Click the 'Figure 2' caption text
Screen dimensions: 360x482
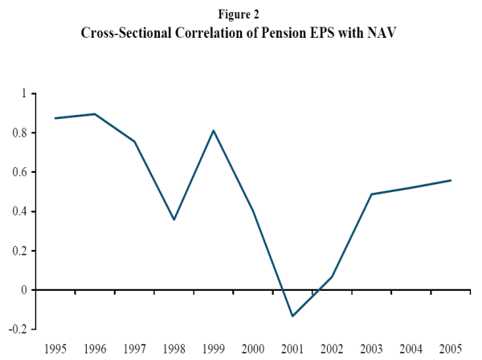240,14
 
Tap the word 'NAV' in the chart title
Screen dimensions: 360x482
383,34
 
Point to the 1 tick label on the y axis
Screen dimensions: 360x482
24,94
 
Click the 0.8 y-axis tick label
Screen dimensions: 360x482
20,133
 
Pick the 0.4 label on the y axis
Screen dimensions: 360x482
20,212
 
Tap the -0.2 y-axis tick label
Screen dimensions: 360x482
18,329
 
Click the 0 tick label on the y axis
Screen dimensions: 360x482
24,290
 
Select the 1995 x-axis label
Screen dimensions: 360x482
55,348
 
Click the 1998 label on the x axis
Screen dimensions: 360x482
174,348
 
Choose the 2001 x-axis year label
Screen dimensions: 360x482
292,348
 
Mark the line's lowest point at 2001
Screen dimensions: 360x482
292,316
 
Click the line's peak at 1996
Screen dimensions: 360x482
95,114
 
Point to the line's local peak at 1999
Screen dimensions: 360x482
213,130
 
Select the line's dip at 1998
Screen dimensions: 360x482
174,219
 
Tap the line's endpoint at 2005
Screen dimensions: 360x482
451,180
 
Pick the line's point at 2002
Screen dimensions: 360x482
331,277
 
